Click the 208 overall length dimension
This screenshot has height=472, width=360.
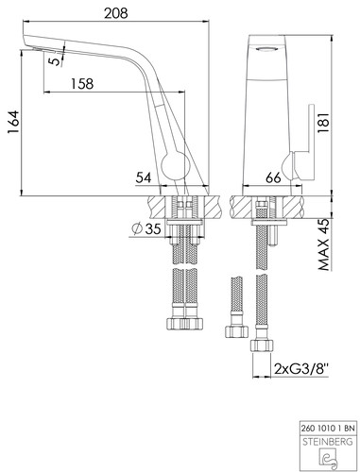(x=116, y=13)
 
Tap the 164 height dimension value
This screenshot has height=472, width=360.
(x=13, y=123)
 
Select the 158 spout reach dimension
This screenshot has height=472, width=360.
(x=82, y=84)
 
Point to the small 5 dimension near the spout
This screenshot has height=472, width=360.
(x=56, y=60)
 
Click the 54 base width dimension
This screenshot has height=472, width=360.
(x=144, y=177)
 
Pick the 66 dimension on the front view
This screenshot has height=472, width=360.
(x=273, y=177)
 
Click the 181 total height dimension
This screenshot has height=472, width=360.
(x=323, y=123)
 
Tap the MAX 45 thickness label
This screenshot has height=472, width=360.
(x=323, y=244)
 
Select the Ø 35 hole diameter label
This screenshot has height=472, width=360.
(x=146, y=228)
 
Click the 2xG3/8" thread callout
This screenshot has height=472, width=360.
(x=301, y=368)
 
